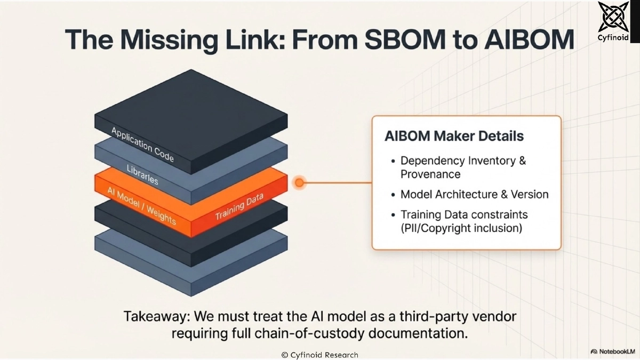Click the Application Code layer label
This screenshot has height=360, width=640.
(142, 145)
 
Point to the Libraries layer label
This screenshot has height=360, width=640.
(142, 174)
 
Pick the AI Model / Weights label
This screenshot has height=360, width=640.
(141, 205)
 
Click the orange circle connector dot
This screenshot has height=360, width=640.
(300, 183)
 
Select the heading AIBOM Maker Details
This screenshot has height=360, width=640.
(454, 135)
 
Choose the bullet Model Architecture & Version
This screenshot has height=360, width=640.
(474, 194)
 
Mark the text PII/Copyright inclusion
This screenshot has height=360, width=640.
(461, 228)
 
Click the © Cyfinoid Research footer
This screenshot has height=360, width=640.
(319, 355)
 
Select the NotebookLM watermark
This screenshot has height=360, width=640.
(613, 352)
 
